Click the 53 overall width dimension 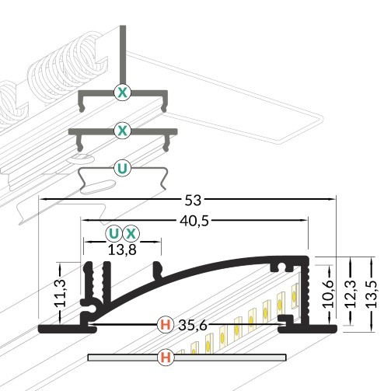193,201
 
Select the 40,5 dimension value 194,222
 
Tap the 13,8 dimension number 122,250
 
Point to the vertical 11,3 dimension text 61,293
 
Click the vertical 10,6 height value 329,294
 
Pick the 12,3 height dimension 351,294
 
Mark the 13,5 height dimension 372,294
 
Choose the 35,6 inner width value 193,326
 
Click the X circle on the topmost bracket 122,93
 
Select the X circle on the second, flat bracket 122,131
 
